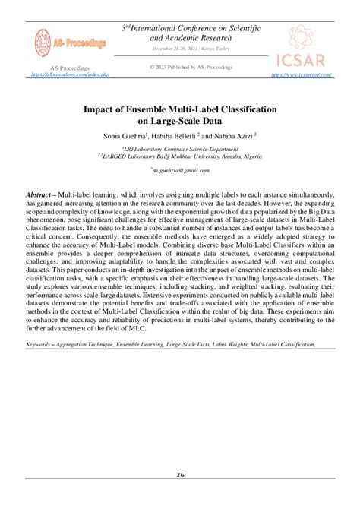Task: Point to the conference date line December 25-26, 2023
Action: [x=179, y=48]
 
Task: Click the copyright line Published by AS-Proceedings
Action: [x=179, y=67]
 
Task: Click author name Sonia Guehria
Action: [x=123, y=134]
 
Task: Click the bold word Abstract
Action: [x=41, y=195]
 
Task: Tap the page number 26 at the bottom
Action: [x=180, y=476]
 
